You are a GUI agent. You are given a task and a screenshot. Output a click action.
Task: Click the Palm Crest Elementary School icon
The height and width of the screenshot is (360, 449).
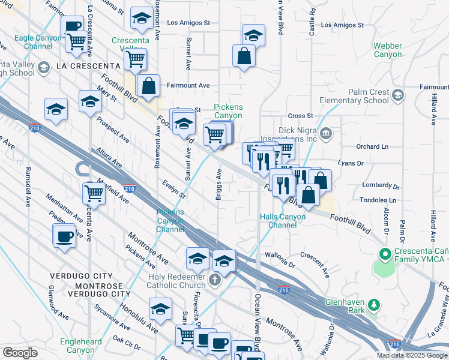tap(397, 95)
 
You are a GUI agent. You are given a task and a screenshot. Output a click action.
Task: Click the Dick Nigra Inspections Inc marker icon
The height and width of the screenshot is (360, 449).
tap(326, 133)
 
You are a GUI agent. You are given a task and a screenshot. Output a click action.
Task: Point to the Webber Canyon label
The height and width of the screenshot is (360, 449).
tap(388, 50)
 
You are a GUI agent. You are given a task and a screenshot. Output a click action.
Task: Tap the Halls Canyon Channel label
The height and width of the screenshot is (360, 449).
tap(279, 221)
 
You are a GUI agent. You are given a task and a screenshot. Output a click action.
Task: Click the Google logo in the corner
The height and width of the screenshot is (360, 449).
tap(20, 353)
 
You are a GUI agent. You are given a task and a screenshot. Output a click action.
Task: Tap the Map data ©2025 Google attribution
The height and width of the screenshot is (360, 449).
tap(412, 355)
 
